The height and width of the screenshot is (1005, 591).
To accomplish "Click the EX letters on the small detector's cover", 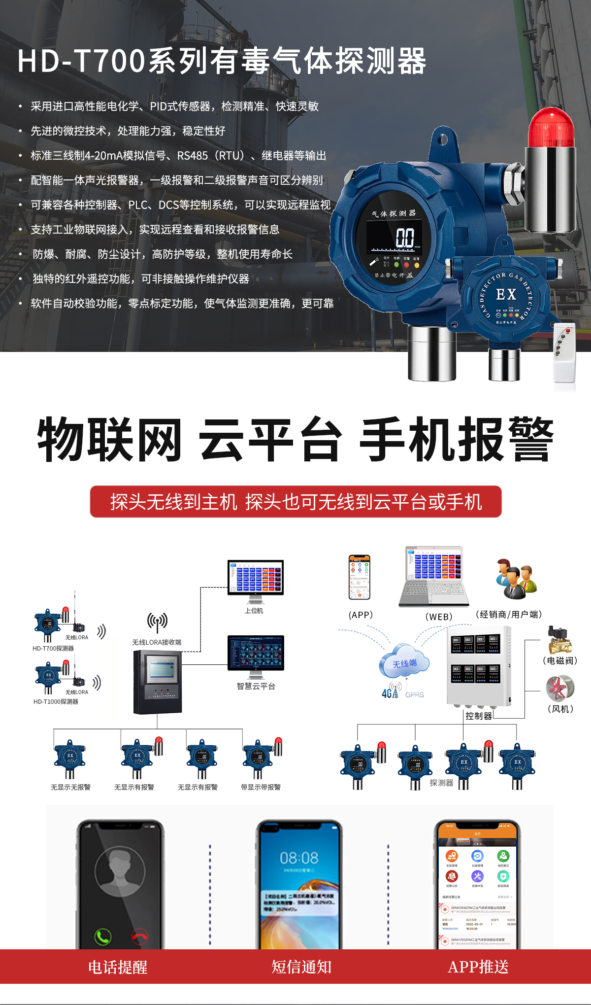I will point(506,295).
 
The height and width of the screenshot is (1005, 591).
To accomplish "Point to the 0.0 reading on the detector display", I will point(405,238).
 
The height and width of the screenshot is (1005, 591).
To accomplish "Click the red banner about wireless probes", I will point(295,502).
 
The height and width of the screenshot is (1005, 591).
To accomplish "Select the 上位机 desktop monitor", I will point(255,579).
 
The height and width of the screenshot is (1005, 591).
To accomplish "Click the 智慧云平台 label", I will point(256,686).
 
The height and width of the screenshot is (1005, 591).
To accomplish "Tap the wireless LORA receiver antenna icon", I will point(157,622).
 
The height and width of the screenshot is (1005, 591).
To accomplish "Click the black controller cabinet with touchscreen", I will point(158,682).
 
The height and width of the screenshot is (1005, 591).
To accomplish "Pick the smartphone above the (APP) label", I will point(360,577).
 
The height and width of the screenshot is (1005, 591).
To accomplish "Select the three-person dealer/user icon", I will point(515,579).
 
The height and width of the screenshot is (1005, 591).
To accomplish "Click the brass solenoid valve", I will point(560,640).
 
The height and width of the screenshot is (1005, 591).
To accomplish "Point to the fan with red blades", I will point(560,688).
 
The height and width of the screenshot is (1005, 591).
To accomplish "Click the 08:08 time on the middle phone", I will point(299,858).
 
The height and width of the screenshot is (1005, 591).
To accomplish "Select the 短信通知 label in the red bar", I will point(301,967).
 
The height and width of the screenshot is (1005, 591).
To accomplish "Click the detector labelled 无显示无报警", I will point(70,759).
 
